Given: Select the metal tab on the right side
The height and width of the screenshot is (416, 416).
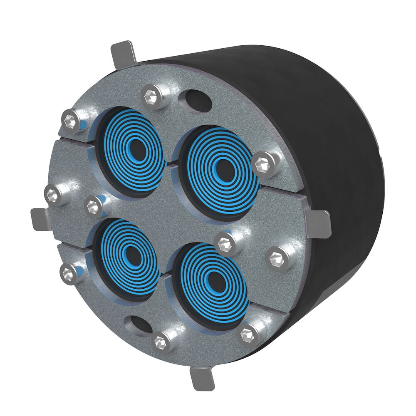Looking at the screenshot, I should [x=319, y=223].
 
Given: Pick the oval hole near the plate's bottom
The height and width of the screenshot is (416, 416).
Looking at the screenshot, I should [x=139, y=325].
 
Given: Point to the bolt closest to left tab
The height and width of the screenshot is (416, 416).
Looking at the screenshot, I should [x=53, y=194].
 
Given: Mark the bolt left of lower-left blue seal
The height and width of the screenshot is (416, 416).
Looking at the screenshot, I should [x=67, y=272].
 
